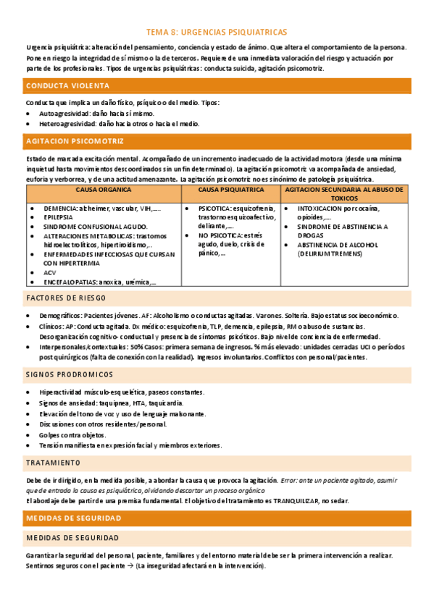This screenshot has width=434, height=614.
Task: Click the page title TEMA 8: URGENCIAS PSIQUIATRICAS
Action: tap(217, 32)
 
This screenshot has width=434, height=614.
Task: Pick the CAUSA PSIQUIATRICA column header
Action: tap(231, 190)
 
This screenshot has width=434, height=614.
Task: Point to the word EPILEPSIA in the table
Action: tap(58, 216)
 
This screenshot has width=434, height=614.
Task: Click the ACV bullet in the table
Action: tap(49, 273)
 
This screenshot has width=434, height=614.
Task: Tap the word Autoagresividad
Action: tap(64, 114)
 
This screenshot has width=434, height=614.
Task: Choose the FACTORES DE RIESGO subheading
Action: tap(66, 298)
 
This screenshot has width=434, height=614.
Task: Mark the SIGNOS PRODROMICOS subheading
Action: tap(70, 374)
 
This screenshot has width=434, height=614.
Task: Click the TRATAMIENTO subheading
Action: tap(54, 462)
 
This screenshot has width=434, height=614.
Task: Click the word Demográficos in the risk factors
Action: tap(61, 316)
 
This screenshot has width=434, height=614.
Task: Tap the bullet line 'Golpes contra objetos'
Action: tap(72, 434)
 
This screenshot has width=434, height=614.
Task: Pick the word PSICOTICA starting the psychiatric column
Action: tap(216, 208)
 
